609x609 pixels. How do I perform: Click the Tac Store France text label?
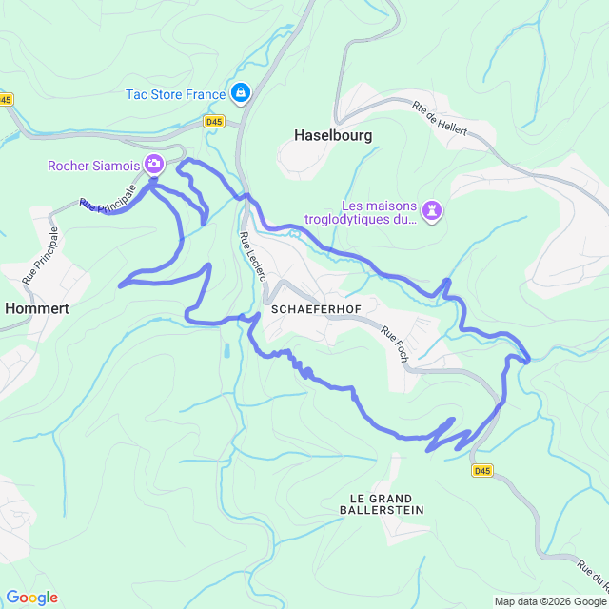(x=175, y=93)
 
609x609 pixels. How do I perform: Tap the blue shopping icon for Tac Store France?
(x=241, y=93)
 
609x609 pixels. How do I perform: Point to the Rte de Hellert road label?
(x=440, y=119)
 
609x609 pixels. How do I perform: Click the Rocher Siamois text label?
(x=93, y=166)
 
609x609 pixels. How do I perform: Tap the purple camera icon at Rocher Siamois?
(x=154, y=166)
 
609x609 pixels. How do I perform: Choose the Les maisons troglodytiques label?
(x=380, y=213)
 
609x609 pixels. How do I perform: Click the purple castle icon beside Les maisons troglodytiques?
(x=433, y=209)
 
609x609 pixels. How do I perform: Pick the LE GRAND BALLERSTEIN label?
(x=381, y=504)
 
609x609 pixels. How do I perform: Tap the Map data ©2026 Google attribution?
(x=549, y=601)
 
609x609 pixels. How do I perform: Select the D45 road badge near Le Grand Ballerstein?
(x=482, y=470)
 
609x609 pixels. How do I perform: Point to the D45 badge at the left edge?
(x=6, y=99)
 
